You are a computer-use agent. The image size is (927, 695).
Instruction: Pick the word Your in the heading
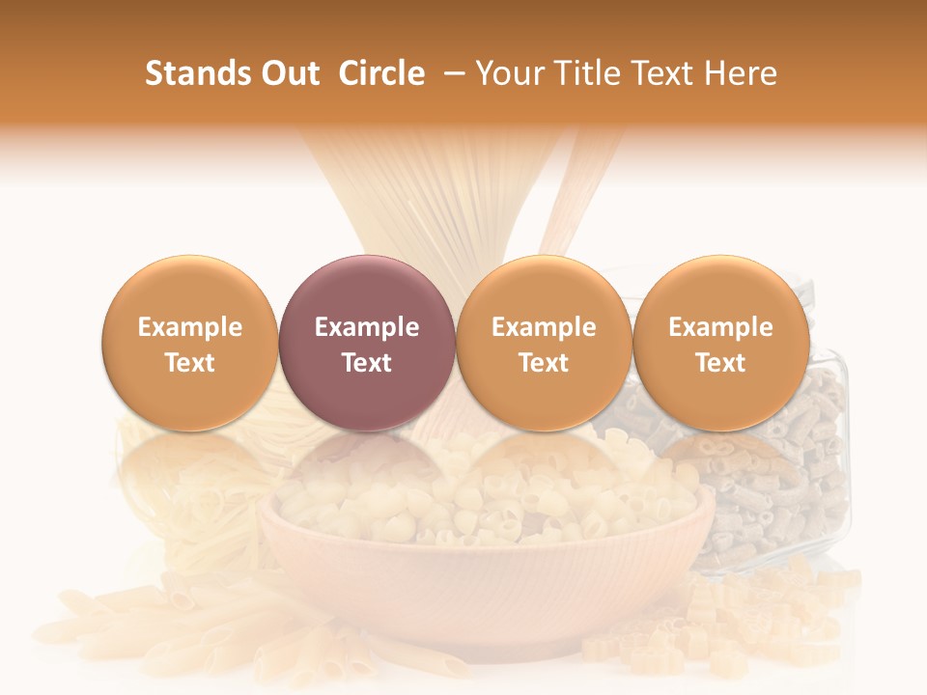[x=510, y=73]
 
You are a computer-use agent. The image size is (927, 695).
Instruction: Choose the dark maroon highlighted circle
[x=367, y=343]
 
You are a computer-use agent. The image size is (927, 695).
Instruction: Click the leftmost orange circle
[x=190, y=343]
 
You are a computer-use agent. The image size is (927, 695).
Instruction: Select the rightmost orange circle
[x=721, y=343]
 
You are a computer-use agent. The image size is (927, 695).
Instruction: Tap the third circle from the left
[x=544, y=343]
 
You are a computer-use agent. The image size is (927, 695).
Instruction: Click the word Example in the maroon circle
[x=367, y=327]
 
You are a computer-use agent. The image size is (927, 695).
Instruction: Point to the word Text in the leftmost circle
[x=190, y=363]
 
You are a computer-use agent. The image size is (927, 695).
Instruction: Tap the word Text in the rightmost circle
[x=721, y=363]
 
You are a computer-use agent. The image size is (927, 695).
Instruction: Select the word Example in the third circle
[x=544, y=327]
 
